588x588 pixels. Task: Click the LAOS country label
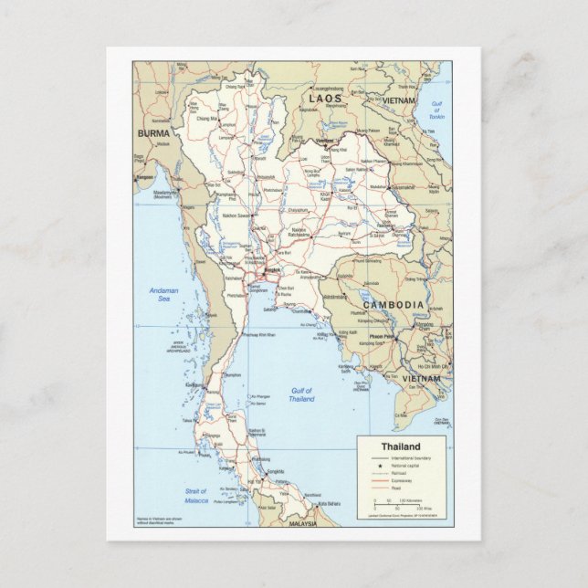tap(326, 97)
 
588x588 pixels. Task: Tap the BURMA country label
tap(153, 133)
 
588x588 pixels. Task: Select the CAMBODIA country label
tap(393, 304)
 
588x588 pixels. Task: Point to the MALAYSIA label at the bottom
tap(302, 524)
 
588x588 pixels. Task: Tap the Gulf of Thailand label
tap(301, 394)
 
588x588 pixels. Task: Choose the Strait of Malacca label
tap(194, 496)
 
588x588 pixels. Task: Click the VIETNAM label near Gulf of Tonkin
tap(399, 100)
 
